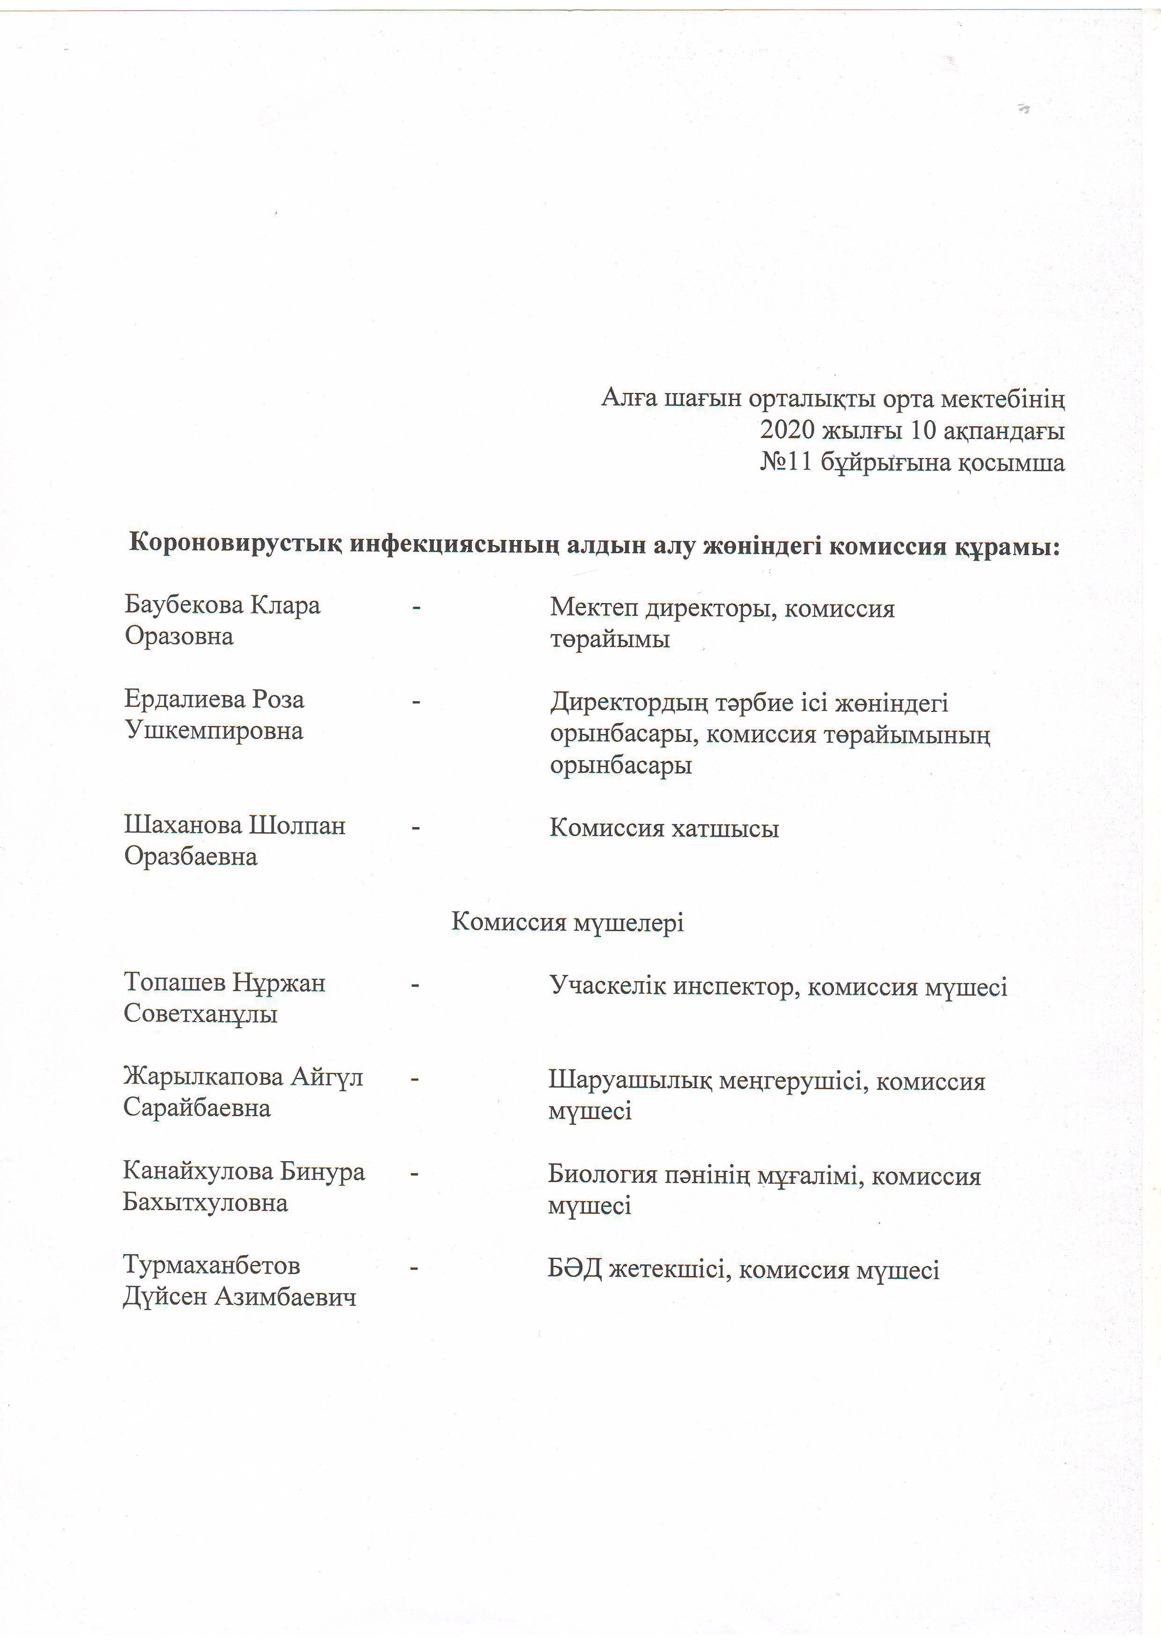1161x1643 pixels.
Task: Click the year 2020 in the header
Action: (787, 430)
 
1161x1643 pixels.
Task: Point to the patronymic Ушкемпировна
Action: (214, 731)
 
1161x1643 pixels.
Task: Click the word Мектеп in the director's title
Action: (593, 608)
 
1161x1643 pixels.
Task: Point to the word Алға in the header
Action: (629, 398)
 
